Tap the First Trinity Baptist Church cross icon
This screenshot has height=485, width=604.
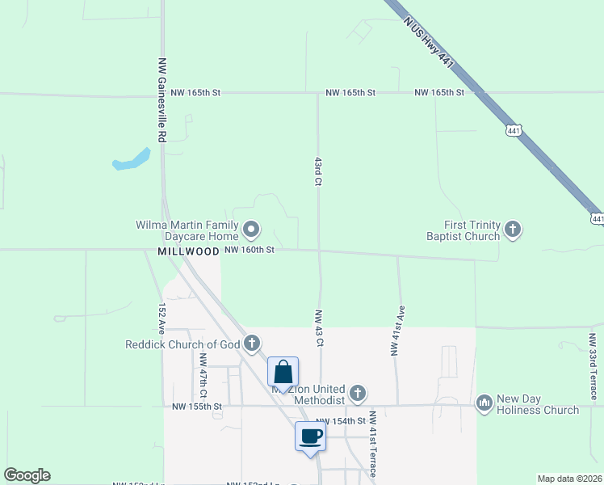click(512, 230)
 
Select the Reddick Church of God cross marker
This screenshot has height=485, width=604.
click(252, 344)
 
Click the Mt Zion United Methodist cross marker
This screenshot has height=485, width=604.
click(358, 394)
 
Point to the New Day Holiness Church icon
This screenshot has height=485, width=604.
click(484, 402)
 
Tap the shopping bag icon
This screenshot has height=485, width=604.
click(283, 373)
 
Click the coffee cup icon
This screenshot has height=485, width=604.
click(311, 437)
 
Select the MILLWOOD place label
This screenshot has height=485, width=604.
click(188, 251)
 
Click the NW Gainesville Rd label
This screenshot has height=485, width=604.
click(161, 100)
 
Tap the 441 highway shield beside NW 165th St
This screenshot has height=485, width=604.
click(513, 129)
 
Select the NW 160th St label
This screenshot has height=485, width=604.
click(250, 251)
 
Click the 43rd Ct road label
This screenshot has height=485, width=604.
click(319, 171)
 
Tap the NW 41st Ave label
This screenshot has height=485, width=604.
click(396, 331)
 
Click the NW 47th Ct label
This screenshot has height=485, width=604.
click(203, 376)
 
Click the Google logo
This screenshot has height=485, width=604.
click(27, 475)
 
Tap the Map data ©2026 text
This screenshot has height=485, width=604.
click(569, 479)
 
